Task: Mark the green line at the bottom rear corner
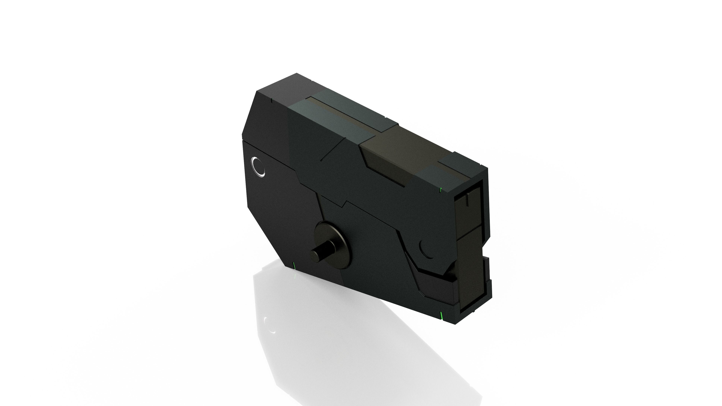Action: pyautogui.click(x=294, y=265)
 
